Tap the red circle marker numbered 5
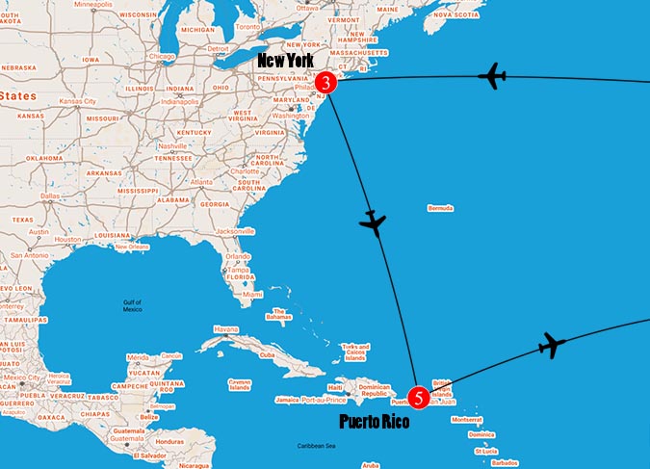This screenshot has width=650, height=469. point(418,396)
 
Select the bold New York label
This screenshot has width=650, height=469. point(285,61)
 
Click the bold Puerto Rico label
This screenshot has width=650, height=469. point(376,421)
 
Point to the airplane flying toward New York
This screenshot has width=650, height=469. point(492,76)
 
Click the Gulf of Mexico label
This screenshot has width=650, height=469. point(132,306)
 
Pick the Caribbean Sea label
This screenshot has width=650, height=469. point(316,446)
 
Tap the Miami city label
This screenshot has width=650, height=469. point(251,294)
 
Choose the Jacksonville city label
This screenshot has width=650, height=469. point(235,231)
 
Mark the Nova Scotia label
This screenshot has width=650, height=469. point(453,15)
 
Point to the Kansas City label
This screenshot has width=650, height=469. point(77,101)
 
